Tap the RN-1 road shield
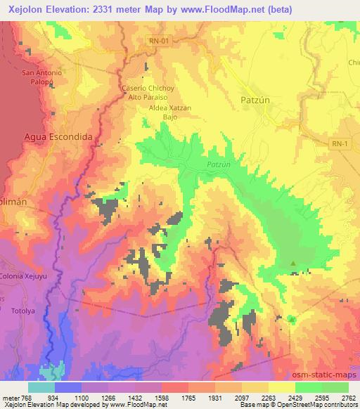coord(340,143)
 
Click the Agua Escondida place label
coord(58,137)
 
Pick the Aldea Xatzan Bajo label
coord(160,113)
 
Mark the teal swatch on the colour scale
coord(41,387)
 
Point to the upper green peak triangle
coord(294,264)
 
